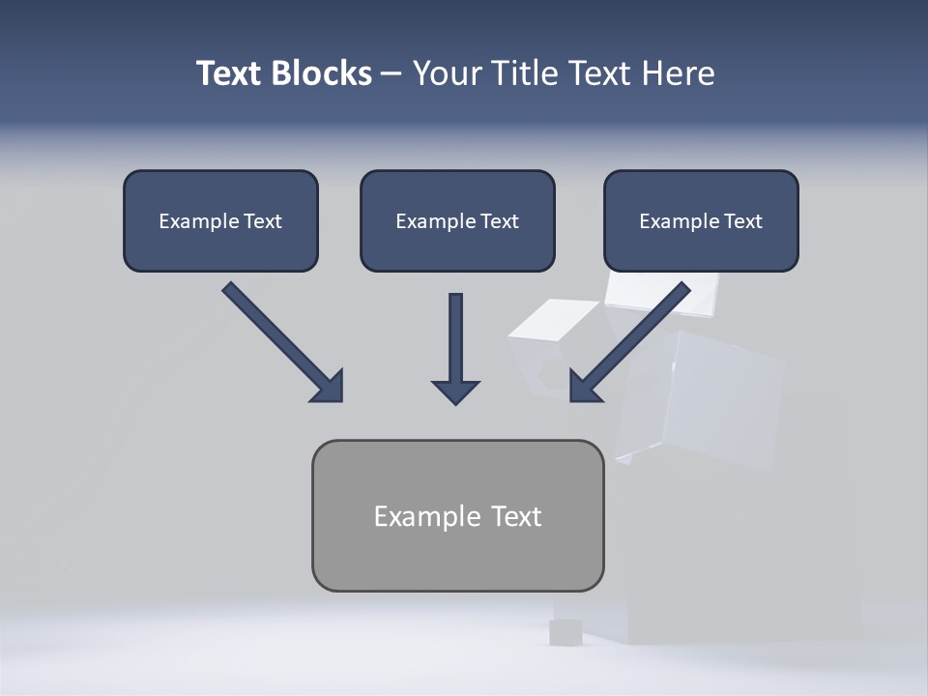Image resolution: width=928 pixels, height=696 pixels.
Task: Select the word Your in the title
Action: (446, 73)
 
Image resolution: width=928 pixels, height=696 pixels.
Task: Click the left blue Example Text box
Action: (220, 221)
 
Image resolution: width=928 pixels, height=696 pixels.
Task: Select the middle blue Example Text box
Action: (457, 221)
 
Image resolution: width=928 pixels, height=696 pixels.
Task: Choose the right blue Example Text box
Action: (701, 221)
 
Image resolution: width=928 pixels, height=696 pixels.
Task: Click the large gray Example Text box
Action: (457, 515)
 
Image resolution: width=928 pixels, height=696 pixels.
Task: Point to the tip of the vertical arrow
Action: (455, 401)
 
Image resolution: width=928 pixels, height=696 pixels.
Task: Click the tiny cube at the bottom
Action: (565, 632)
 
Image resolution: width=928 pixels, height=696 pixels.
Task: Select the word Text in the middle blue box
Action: (499, 221)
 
